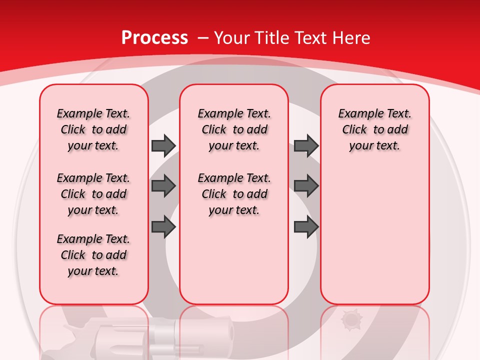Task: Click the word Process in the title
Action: (154, 38)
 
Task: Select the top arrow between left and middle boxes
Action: (163, 145)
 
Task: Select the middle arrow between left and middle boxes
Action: (163, 186)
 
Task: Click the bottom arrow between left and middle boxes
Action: (163, 227)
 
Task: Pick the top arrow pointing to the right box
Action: (306, 145)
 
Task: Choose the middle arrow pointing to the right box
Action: (306, 186)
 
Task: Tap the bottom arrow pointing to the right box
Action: (306, 227)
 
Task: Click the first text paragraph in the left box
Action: (93, 129)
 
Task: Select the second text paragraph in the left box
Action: (93, 194)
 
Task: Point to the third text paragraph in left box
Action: (93, 255)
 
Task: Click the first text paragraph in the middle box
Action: (234, 129)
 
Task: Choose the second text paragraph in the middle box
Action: (234, 194)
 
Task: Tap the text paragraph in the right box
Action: (375, 129)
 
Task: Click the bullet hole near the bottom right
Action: (349, 319)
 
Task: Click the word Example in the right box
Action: (358, 114)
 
